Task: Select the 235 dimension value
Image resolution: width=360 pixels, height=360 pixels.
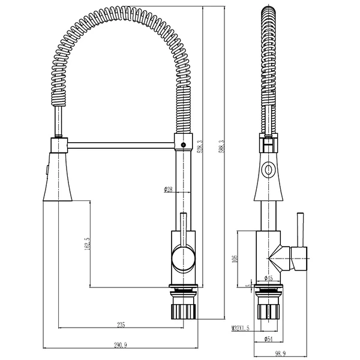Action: (121, 325)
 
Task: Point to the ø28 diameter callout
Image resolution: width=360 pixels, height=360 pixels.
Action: (169, 190)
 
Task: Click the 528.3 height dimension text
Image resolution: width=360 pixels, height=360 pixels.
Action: (199, 148)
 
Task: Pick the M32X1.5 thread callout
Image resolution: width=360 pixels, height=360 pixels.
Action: (241, 328)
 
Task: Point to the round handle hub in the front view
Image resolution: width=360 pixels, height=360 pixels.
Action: (183, 259)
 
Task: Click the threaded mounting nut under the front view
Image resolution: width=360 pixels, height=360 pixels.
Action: (184, 310)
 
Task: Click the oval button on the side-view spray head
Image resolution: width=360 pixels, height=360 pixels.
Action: (268, 170)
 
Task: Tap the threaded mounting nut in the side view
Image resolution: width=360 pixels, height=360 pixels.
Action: (269, 310)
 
